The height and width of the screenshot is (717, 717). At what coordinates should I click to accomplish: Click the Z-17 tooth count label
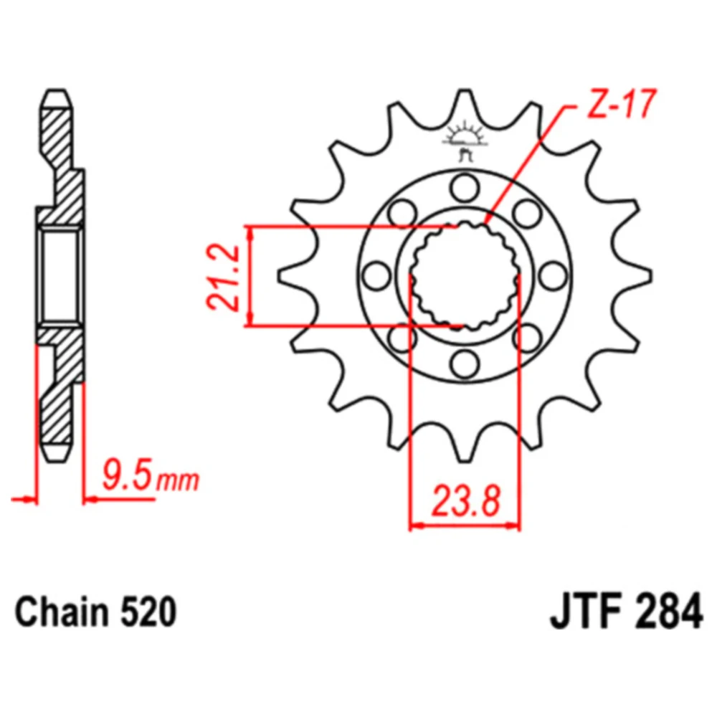point(621,105)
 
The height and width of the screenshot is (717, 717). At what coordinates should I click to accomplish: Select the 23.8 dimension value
point(466,501)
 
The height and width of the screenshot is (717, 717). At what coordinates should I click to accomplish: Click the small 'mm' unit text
point(178,480)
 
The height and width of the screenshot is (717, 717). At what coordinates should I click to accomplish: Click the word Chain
point(62,612)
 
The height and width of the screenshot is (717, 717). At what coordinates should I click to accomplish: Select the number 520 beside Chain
point(148,612)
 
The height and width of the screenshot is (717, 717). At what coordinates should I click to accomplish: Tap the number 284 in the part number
point(669,612)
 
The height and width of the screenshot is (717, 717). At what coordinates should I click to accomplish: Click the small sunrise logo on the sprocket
point(465,141)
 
